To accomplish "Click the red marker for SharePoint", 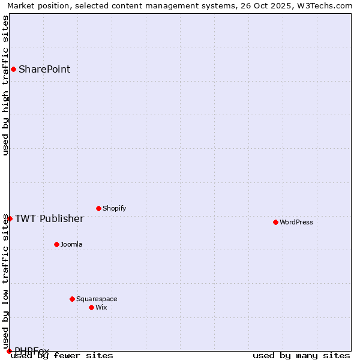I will [x=13, y=69].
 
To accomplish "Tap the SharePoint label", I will [x=44, y=69].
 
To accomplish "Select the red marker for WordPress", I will [x=275, y=222].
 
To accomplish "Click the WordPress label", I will [x=296, y=222].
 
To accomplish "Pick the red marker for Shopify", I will [x=98, y=208].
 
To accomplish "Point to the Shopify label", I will [x=114, y=208].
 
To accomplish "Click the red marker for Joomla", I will [x=56, y=244].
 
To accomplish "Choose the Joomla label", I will [x=71, y=244].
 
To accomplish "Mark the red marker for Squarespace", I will [x=72, y=299].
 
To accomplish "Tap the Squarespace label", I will [x=97, y=299].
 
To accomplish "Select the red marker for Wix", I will [x=91, y=307].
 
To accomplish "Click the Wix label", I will [x=101, y=307].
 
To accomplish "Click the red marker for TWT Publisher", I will [x=10, y=218].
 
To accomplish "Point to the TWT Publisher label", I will [x=49, y=218].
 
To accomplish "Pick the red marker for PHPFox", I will [x=9, y=351].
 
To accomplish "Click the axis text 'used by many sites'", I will [x=301, y=355].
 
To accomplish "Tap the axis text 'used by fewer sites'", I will [x=62, y=355].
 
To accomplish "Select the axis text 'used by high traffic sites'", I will [x=5, y=85].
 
